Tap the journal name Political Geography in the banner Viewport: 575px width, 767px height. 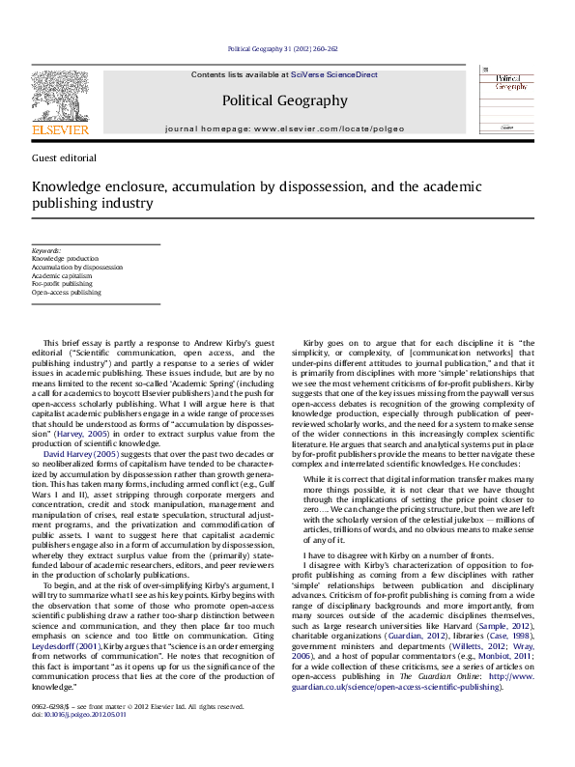pos(284,99)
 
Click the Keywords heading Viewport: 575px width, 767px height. pos(46,250)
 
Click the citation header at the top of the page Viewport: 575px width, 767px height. pos(283,47)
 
